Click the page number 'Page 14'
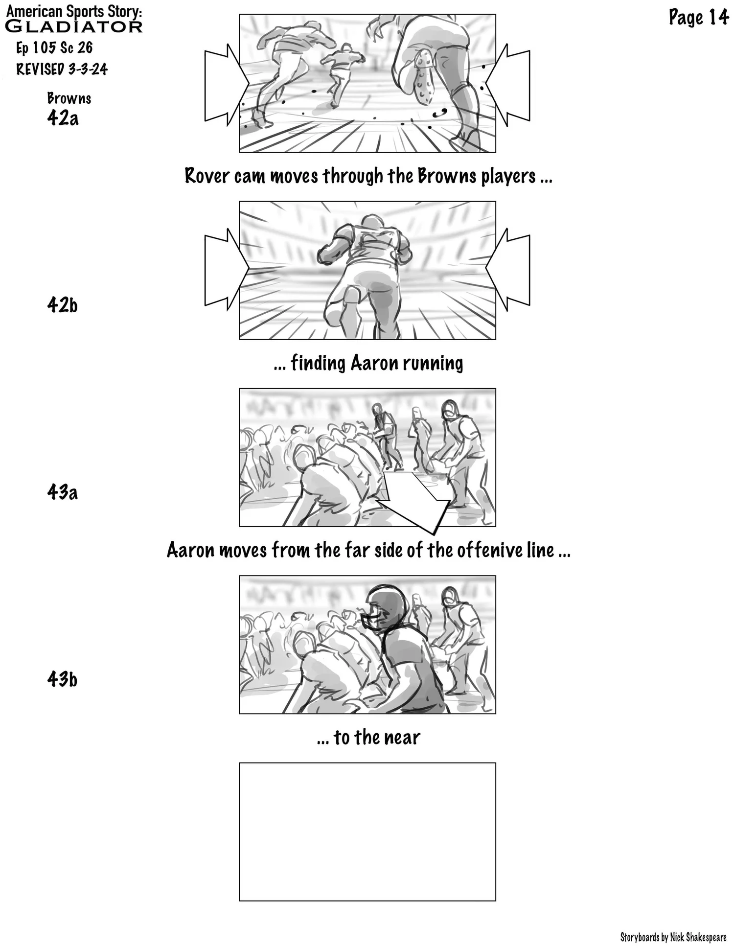click(x=698, y=18)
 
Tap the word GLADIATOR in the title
click(x=73, y=26)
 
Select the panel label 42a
click(x=63, y=118)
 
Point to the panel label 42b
click(x=63, y=305)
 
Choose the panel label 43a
click(x=63, y=492)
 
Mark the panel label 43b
click(x=63, y=679)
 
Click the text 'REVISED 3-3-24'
click(x=62, y=69)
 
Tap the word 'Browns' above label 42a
click(x=69, y=98)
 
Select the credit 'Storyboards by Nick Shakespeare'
click(x=673, y=937)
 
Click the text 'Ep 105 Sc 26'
click(x=54, y=48)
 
